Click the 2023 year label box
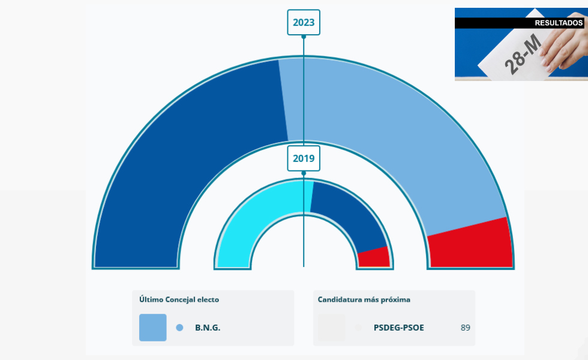coord(304,23)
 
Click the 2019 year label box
coord(304,159)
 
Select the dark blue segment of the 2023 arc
coord(180,150)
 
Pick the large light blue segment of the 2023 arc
coord(408,138)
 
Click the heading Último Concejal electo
coord(179,299)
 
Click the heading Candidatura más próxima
coord(364,299)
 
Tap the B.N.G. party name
coord(208,328)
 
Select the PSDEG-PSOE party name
coord(398,328)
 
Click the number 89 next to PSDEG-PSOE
coord(466,328)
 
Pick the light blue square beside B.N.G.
coord(153,328)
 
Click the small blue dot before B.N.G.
coord(179,328)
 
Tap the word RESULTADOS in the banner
coord(558,23)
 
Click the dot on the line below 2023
coord(304,37)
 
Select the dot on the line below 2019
coord(304,173)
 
